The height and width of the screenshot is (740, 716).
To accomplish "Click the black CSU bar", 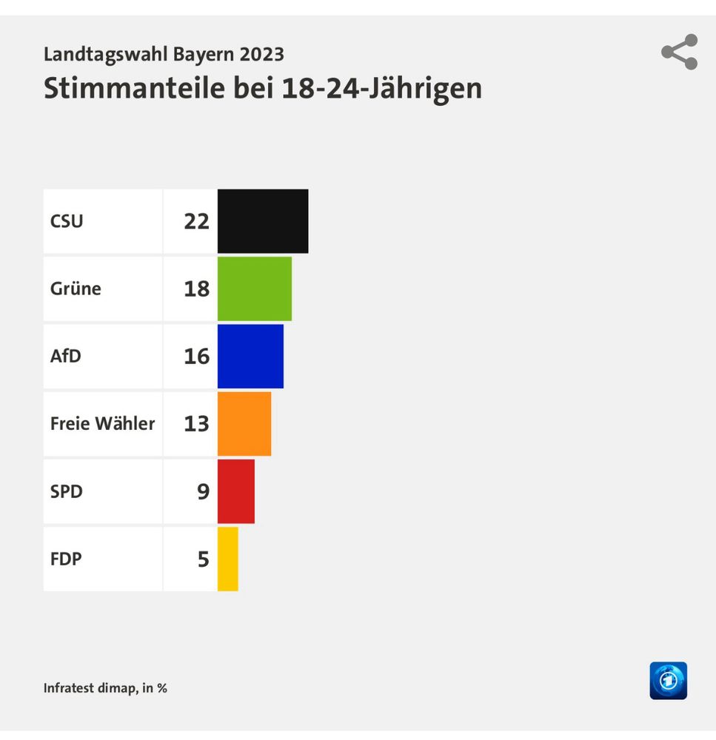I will point(263,221).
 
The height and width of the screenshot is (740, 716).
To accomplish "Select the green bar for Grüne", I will point(255,289).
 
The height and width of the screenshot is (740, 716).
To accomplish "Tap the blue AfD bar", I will point(250,356).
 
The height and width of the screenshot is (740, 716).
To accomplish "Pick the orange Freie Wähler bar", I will point(244,423).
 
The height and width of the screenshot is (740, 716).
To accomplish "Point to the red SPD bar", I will point(236,491).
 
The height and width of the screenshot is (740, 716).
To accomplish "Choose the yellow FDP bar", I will point(228,559).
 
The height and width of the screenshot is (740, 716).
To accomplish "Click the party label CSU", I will point(67,221).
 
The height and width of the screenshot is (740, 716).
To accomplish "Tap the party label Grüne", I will point(76,289).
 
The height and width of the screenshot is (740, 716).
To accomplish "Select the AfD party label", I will point(66,356).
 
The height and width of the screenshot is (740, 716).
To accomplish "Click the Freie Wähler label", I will point(102,423).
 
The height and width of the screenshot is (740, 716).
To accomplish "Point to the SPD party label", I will point(67,491).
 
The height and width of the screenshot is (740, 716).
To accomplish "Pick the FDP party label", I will point(66,559).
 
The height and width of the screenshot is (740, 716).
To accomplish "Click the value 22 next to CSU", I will point(197,221).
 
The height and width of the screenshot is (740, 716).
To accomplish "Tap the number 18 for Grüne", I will point(197,289).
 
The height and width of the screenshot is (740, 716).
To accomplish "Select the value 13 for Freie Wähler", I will point(197,423).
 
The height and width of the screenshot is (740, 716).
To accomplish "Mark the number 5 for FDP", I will point(204,559).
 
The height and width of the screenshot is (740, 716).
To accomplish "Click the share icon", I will point(679,52).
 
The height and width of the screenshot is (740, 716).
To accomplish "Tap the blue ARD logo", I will point(668,681).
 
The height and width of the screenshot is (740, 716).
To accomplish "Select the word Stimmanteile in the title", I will point(135,88).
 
